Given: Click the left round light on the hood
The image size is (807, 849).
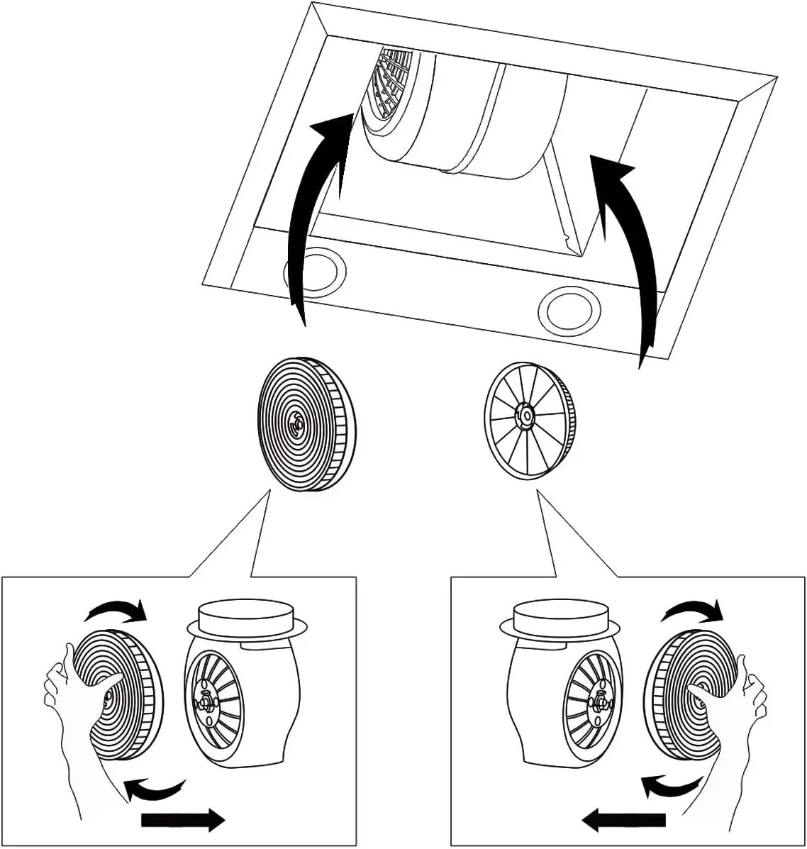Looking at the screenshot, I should tap(316, 271).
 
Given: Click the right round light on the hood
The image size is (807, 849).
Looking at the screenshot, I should tap(569, 310).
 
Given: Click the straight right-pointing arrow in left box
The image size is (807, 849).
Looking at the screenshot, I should tap(184, 821).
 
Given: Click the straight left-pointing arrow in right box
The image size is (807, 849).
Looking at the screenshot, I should tap(623, 821).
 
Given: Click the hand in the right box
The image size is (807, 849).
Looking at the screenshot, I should tap(730, 716).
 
